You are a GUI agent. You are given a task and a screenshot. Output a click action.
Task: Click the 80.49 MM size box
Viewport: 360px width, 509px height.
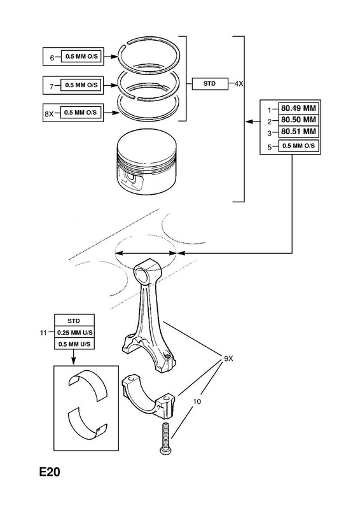[299, 108]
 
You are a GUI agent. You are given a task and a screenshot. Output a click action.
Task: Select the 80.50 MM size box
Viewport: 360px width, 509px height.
[299, 120]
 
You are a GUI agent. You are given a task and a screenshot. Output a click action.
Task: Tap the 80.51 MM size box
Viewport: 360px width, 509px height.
[299, 132]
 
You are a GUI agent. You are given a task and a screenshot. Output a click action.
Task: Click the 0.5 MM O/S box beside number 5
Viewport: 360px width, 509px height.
[299, 146]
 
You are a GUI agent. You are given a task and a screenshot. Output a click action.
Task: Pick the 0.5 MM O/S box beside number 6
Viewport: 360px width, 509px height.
[81, 57]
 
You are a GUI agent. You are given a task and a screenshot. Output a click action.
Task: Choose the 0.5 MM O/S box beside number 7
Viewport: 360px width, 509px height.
[81, 85]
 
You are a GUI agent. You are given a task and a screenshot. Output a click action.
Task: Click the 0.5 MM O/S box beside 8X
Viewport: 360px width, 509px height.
[81, 113]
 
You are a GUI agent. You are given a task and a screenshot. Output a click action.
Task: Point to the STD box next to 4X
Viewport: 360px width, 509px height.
[210, 84]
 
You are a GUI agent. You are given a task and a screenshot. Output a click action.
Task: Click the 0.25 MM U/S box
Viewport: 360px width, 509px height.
[74, 332]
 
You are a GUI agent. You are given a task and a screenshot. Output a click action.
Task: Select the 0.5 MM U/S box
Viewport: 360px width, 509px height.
[74, 344]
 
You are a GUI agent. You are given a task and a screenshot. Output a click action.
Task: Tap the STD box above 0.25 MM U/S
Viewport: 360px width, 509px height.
[74, 321]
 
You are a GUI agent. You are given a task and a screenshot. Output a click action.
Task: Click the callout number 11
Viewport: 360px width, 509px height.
[43, 333]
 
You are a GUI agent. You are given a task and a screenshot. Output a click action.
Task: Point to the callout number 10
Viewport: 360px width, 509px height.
[197, 401]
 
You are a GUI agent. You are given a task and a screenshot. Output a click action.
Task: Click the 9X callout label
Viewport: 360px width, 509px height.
[228, 359]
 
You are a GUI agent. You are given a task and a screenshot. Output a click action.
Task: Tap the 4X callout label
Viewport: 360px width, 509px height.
[239, 84]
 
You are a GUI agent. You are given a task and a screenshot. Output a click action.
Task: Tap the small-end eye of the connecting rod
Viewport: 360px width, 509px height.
[145, 273]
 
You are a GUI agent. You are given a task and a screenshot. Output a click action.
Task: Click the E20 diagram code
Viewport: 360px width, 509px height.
[50, 471]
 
